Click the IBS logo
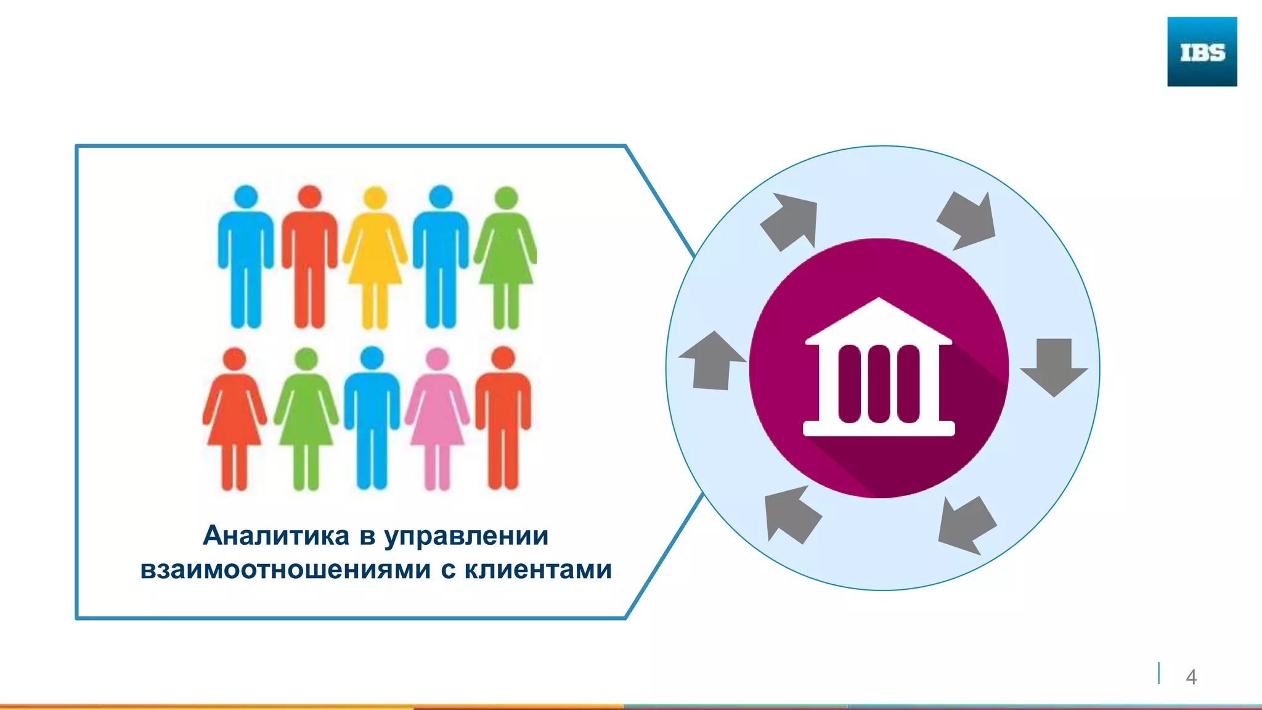pos(1202,52)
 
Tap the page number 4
pos(1191,677)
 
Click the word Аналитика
pos(276,536)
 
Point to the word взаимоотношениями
pos(285,569)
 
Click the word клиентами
pos(538,569)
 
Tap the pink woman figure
pos(437,419)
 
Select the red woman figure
pos(234,419)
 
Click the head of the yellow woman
pos(375,198)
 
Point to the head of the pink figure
pos(437,359)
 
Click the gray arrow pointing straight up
pos(712,361)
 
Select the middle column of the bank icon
pos(879,383)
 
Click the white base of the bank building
pos(879,428)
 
